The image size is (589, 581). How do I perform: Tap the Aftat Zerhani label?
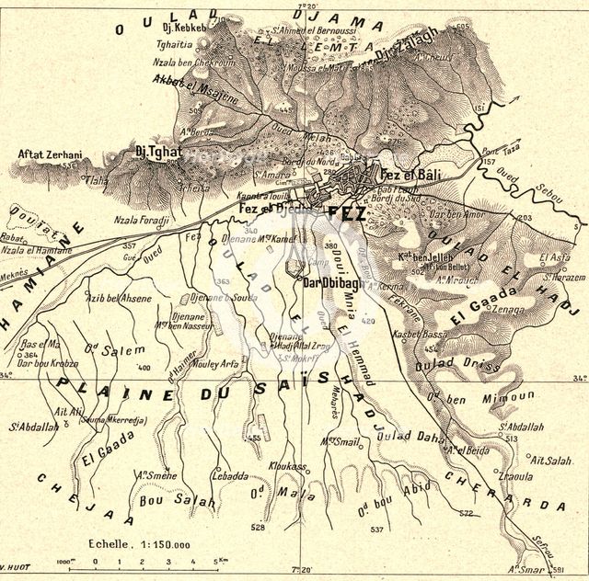(x=50, y=156)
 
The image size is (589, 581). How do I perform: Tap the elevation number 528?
(x=258, y=528)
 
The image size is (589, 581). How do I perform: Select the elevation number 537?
(x=376, y=530)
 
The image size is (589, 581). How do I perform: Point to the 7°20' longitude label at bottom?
(x=295, y=571)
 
